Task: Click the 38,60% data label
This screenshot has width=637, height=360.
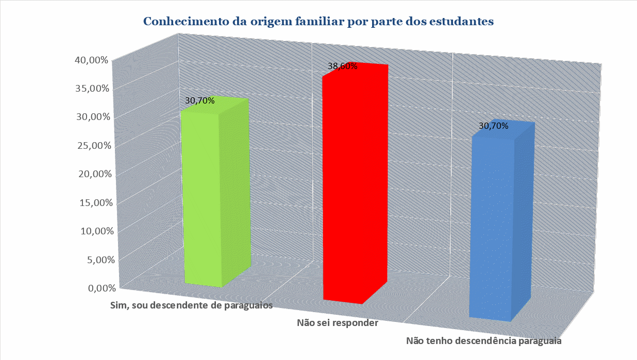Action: (343, 66)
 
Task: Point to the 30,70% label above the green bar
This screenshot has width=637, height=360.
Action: (199, 101)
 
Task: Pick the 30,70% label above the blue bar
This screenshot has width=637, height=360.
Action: (494, 126)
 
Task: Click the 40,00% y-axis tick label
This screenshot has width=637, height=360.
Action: (91, 60)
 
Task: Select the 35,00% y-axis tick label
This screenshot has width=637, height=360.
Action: (91, 89)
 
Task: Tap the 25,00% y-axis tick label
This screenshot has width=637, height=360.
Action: (92, 146)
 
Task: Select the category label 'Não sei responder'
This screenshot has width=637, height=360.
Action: (338, 323)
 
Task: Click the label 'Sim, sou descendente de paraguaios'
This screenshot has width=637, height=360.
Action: (191, 305)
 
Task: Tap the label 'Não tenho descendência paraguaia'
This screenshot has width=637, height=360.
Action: (483, 340)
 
